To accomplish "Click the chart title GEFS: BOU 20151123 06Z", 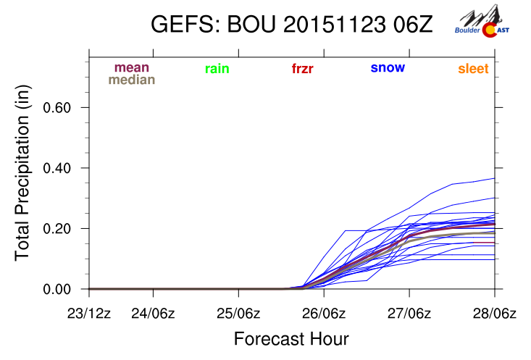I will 291,24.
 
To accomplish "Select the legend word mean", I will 132,67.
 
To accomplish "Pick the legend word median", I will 132,80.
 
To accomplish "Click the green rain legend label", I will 217,69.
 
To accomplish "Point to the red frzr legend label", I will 303,70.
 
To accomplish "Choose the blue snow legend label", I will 388,68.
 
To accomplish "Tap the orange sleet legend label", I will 473,70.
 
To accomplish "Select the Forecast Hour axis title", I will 291,339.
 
